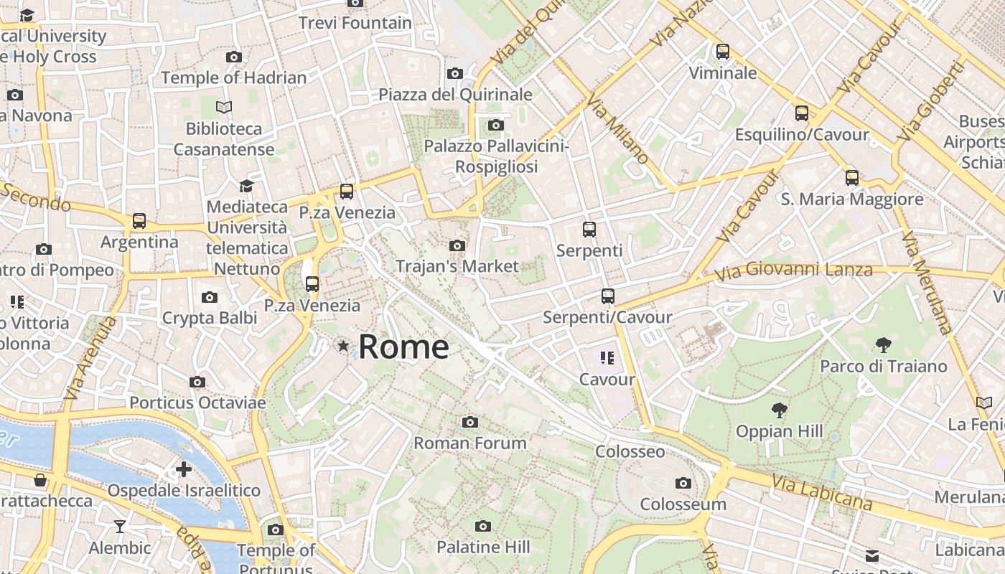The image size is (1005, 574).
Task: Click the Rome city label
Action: click(403, 347)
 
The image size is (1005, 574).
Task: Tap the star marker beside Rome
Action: click(344, 347)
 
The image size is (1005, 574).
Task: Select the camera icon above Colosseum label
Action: click(683, 483)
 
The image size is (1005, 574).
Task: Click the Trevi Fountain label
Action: click(355, 23)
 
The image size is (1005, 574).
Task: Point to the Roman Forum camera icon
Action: click(470, 422)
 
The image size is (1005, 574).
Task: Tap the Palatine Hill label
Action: click(483, 547)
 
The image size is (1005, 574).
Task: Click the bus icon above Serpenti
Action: click(589, 230)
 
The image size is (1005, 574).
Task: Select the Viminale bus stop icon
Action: click(723, 52)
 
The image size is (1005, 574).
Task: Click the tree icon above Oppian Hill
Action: click(779, 410)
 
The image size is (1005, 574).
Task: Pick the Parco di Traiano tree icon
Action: click(884, 345)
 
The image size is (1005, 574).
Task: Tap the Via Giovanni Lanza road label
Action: click(794, 271)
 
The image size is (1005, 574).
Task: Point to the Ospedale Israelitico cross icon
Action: click(184, 469)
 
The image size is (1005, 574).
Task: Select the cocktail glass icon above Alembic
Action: click(120, 527)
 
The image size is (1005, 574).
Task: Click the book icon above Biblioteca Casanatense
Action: click(224, 108)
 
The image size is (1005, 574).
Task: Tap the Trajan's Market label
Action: click(457, 266)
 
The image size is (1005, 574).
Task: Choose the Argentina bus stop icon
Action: click(139, 221)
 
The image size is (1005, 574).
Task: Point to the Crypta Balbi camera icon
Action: click(210, 297)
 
